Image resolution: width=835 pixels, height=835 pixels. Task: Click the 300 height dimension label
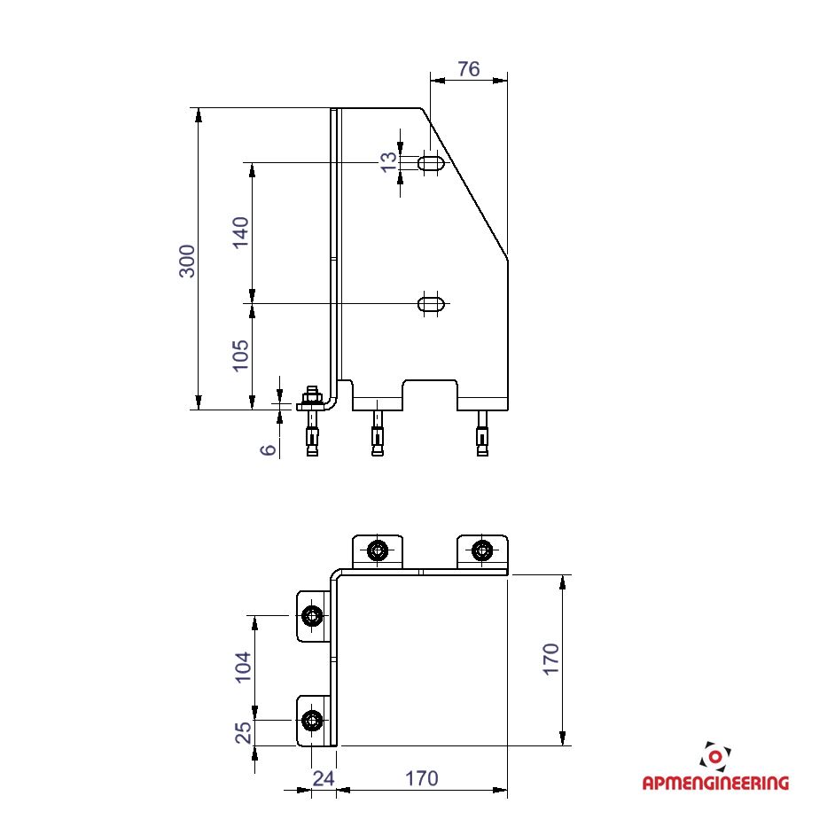[x=187, y=261]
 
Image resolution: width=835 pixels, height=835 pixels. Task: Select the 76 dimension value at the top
[x=469, y=68]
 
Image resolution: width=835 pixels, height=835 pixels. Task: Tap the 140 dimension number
[x=241, y=231]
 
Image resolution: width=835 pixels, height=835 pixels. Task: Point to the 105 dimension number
[x=241, y=355]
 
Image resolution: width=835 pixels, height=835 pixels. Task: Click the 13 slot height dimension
[x=389, y=161]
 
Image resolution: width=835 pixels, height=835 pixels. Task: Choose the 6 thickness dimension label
[x=269, y=449]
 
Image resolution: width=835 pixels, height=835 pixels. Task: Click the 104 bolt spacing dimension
[x=242, y=667]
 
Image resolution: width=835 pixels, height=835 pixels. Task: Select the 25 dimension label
[x=243, y=733]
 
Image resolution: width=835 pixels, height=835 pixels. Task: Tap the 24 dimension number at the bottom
[x=324, y=778]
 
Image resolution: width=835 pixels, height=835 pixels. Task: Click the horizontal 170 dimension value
[x=422, y=778]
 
